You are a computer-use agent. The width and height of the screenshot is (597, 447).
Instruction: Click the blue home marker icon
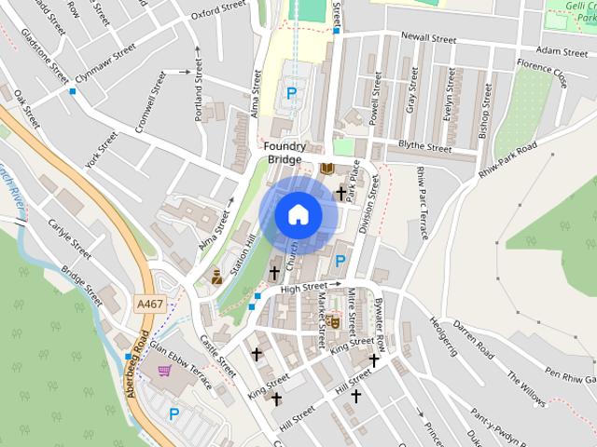(298, 214)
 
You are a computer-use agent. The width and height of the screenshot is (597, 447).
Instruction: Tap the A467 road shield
(148, 305)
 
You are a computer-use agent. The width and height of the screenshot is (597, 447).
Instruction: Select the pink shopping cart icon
(165, 371)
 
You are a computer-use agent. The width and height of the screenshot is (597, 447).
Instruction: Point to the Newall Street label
(428, 39)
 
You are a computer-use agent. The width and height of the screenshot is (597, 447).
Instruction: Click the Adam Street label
(562, 52)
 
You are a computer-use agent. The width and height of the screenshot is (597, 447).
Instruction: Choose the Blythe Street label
(424, 147)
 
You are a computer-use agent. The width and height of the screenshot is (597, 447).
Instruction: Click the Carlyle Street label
(69, 239)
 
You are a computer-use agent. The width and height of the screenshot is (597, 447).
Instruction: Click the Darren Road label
(472, 341)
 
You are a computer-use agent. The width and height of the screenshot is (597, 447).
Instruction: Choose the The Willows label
(525, 390)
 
